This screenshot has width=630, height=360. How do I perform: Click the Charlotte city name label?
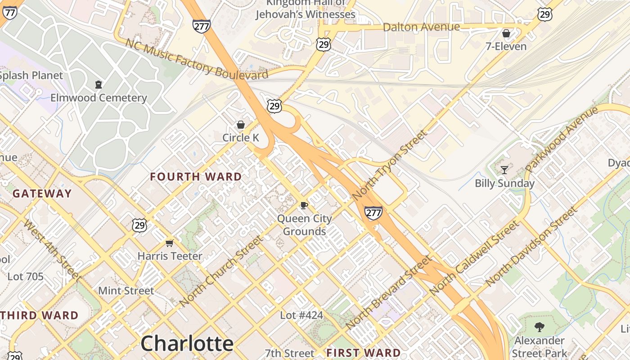pyautogui.click(x=187, y=343)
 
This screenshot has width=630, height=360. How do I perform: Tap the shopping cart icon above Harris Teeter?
pyautogui.click(x=170, y=243)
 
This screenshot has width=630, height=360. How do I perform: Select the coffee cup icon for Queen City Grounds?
pyautogui.click(x=304, y=206)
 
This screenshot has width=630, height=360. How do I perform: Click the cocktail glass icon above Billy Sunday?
pyautogui.click(x=504, y=170)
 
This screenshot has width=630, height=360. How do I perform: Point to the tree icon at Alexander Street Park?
pyautogui.click(x=539, y=327)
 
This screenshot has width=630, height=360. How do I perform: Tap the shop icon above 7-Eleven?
pyautogui.click(x=506, y=33)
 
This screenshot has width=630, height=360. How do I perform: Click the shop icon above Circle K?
pyautogui.click(x=241, y=125)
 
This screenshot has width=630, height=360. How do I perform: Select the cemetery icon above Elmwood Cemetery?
pyautogui.click(x=99, y=84)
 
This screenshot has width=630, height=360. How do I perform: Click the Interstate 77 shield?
pyautogui.click(x=9, y=12)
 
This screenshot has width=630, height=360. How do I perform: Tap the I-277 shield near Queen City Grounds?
pyautogui.click(x=373, y=212)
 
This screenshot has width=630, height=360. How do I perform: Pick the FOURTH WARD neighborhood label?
pyautogui.click(x=196, y=177)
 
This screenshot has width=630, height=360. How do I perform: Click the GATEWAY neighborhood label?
pyautogui.click(x=42, y=194)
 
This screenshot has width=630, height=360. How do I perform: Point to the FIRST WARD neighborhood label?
pyautogui.click(x=364, y=352)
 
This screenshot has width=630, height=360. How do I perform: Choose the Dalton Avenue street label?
pyautogui.click(x=421, y=27)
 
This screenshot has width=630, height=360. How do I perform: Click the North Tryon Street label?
pyautogui.click(x=390, y=165)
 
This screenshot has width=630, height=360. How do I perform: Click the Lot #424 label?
pyautogui.click(x=301, y=315)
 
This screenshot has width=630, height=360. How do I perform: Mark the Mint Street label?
pyautogui.click(x=126, y=291)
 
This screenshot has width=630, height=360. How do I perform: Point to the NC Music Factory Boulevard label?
pyautogui.click(x=197, y=59)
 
